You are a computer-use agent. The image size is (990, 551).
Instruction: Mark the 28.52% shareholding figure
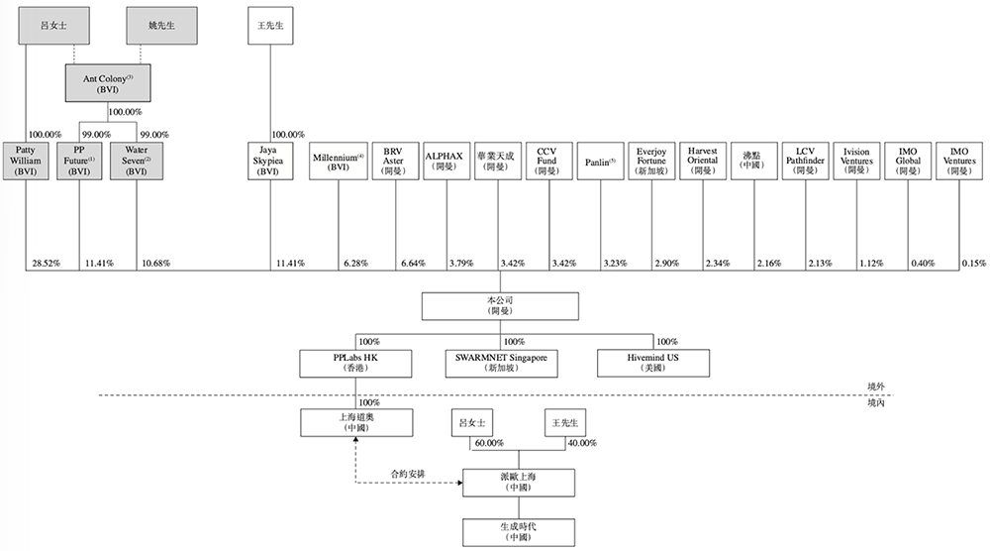point(44,263)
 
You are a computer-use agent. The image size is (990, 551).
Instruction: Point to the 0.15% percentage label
point(974,263)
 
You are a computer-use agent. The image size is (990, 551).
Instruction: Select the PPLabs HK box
point(354,362)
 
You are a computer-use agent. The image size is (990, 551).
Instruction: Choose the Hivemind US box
point(652,362)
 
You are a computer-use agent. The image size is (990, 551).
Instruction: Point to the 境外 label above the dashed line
point(875,386)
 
